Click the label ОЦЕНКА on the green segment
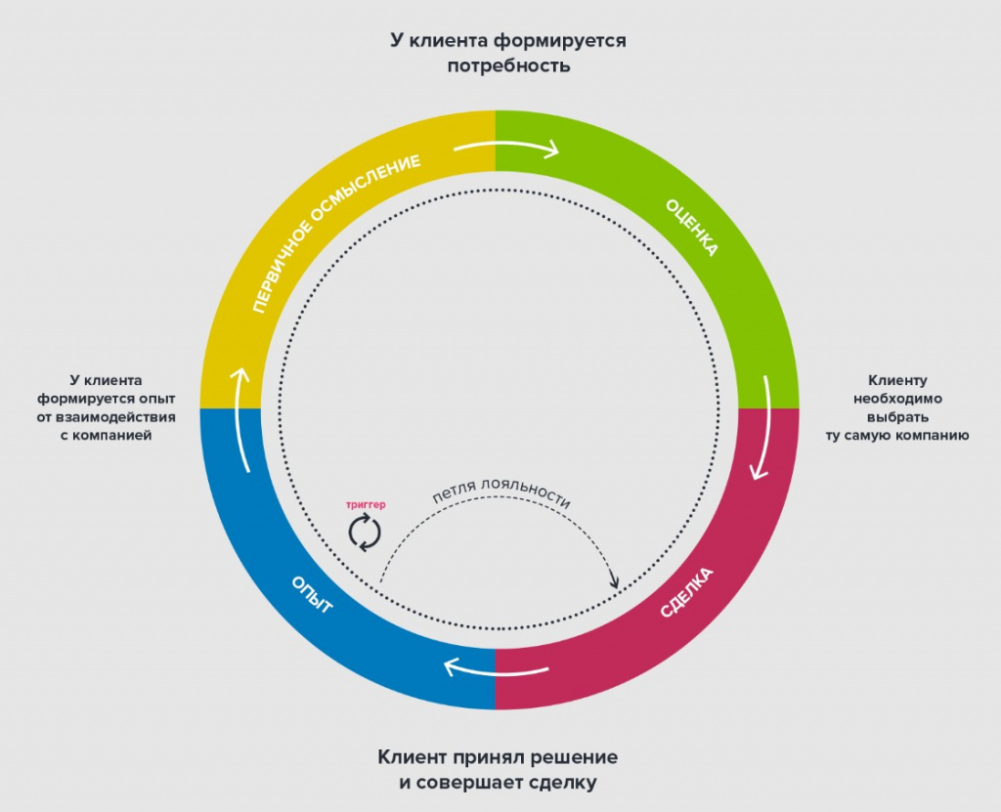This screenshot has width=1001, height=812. click(x=692, y=228)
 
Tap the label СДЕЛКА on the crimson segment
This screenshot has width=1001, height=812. click(x=686, y=592)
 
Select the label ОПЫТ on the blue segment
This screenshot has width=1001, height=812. click(x=312, y=594)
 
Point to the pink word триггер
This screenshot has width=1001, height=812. click(x=366, y=505)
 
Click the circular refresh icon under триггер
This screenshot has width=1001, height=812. click(x=365, y=534)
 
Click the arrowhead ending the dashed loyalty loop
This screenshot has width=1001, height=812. click(x=614, y=581)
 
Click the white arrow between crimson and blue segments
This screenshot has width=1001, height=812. click(x=496, y=669)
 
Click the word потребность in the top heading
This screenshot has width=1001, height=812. click(x=508, y=65)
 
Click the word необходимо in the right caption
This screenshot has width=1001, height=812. click(x=897, y=399)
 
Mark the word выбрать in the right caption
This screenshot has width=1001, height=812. click(x=897, y=417)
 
